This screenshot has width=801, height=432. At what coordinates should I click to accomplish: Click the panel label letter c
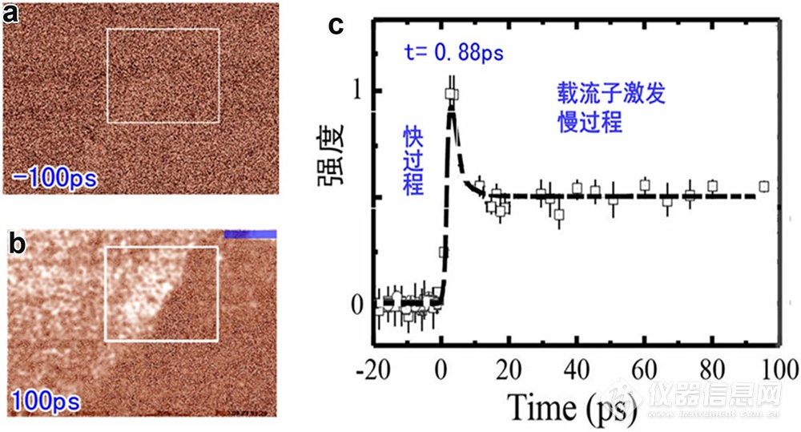(x=336, y=25)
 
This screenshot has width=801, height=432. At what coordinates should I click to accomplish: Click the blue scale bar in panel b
(x=251, y=234)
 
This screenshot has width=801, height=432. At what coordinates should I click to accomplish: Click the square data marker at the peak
(x=452, y=94)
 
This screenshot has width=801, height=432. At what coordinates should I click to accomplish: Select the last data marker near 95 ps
(x=764, y=187)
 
